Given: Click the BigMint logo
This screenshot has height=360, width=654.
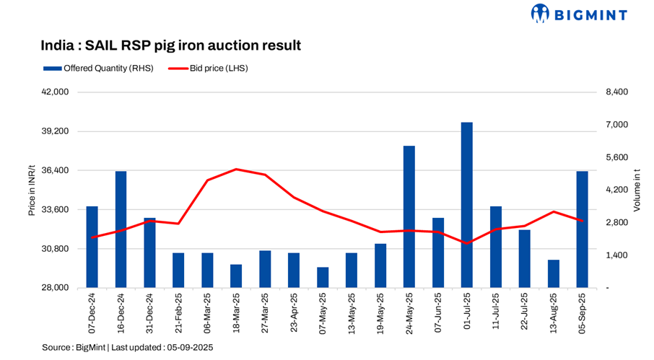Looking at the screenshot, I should tap(579, 14).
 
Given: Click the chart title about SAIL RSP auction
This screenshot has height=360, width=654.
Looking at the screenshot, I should tap(170, 45).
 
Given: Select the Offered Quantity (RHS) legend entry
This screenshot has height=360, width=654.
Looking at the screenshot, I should tap(97, 69).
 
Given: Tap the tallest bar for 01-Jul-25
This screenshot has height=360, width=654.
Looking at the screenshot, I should tap(467, 205).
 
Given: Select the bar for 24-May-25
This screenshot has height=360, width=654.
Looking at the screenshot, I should tap(409, 216).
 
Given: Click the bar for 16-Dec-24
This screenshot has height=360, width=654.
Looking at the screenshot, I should tap(121, 229).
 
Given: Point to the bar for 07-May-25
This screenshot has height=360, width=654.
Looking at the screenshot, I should tap(323, 277).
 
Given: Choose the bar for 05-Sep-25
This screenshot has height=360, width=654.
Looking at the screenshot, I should tap(582, 229).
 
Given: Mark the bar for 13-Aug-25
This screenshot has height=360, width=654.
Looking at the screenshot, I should tap(554, 273).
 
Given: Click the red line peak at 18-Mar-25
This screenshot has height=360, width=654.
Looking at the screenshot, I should tap(236, 170).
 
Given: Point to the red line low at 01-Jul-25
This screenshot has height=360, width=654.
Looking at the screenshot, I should tap(467, 243).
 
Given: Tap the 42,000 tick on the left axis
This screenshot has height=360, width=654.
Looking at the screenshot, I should tap(56, 92).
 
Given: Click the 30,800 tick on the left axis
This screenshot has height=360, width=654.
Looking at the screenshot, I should tap(56, 249).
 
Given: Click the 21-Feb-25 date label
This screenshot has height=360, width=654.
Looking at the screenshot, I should tap(178, 310).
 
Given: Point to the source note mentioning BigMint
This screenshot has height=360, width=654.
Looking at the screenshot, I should tap(127, 347).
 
